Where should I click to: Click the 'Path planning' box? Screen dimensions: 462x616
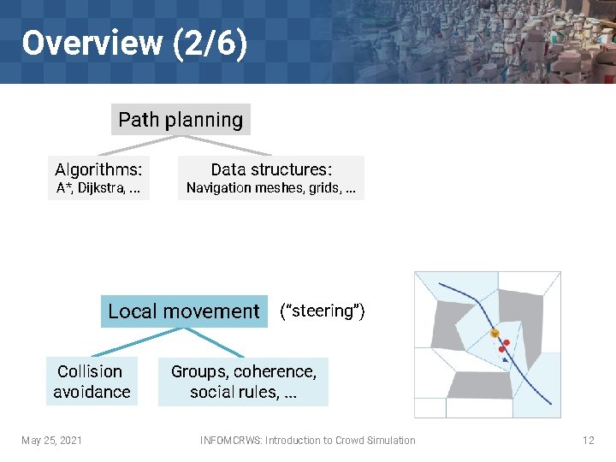click(181, 120)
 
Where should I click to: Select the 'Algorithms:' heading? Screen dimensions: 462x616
click(98, 169)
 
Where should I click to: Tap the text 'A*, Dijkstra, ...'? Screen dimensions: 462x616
click(98, 188)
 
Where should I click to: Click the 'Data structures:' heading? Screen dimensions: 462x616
click(271, 169)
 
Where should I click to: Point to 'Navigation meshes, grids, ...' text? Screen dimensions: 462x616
click(271, 188)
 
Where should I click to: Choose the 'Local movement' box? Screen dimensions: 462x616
click(183, 311)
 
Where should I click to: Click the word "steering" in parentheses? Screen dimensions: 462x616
click(323, 311)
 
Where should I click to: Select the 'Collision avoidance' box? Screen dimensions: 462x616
click(92, 382)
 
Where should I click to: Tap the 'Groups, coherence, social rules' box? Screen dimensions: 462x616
click(244, 382)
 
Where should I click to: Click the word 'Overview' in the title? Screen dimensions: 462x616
click(92, 42)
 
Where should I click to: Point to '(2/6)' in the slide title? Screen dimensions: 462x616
click(210, 42)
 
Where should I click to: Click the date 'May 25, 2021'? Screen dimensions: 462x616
click(52, 441)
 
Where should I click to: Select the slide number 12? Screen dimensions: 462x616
click(588, 441)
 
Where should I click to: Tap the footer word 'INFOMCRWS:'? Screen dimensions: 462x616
click(231, 441)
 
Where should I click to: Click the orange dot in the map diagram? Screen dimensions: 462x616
click(494, 333)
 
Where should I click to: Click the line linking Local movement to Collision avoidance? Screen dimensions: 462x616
click(127, 341)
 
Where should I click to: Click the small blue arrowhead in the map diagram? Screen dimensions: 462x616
click(507, 360)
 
